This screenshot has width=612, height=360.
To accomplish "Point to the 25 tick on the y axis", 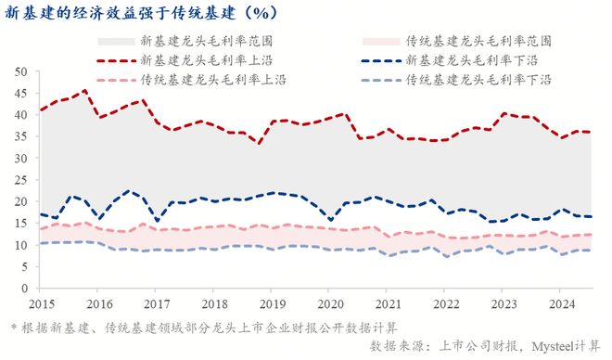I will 19,180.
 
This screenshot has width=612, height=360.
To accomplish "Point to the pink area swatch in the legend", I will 380,42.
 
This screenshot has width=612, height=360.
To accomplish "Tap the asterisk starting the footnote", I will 13,327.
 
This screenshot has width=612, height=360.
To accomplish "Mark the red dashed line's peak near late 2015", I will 85,91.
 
